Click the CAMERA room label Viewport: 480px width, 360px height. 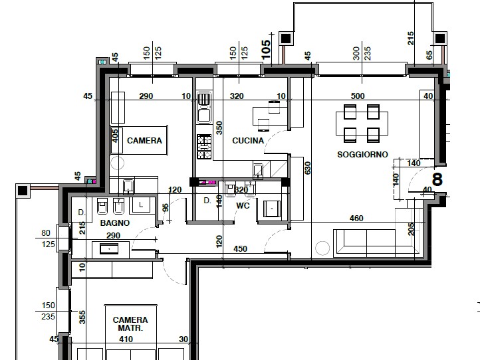tap(144, 141)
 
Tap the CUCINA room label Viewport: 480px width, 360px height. tap(248, 141)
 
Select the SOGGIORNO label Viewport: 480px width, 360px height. tap(362, 155)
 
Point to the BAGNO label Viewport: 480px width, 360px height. tap(115, 223)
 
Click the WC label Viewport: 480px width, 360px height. tap(243, 205)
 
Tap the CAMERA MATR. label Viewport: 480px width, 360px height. tap(130, 324)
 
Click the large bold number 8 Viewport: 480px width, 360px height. tap(437, 179)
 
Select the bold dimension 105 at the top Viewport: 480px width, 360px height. tap(266, 50)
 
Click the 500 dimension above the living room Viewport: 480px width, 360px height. tap(358, 96)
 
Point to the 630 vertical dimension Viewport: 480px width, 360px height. tap(307, 168)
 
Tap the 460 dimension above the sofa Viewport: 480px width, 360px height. tap(356, 218)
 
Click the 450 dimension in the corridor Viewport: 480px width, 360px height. tap(240, 248)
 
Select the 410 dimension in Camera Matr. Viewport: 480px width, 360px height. tap(126, 339)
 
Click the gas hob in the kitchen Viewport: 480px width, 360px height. tap(204, 147)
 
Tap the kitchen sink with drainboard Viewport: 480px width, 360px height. tap(204, 108)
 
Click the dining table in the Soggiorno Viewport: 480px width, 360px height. tap(362, 124)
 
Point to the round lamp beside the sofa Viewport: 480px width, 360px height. tap(322, 248)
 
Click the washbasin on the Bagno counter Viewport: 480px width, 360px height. tap(109, 249)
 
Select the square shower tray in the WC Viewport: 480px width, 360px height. tap(272, 209)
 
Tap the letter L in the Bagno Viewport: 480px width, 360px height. tap(141, 205)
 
